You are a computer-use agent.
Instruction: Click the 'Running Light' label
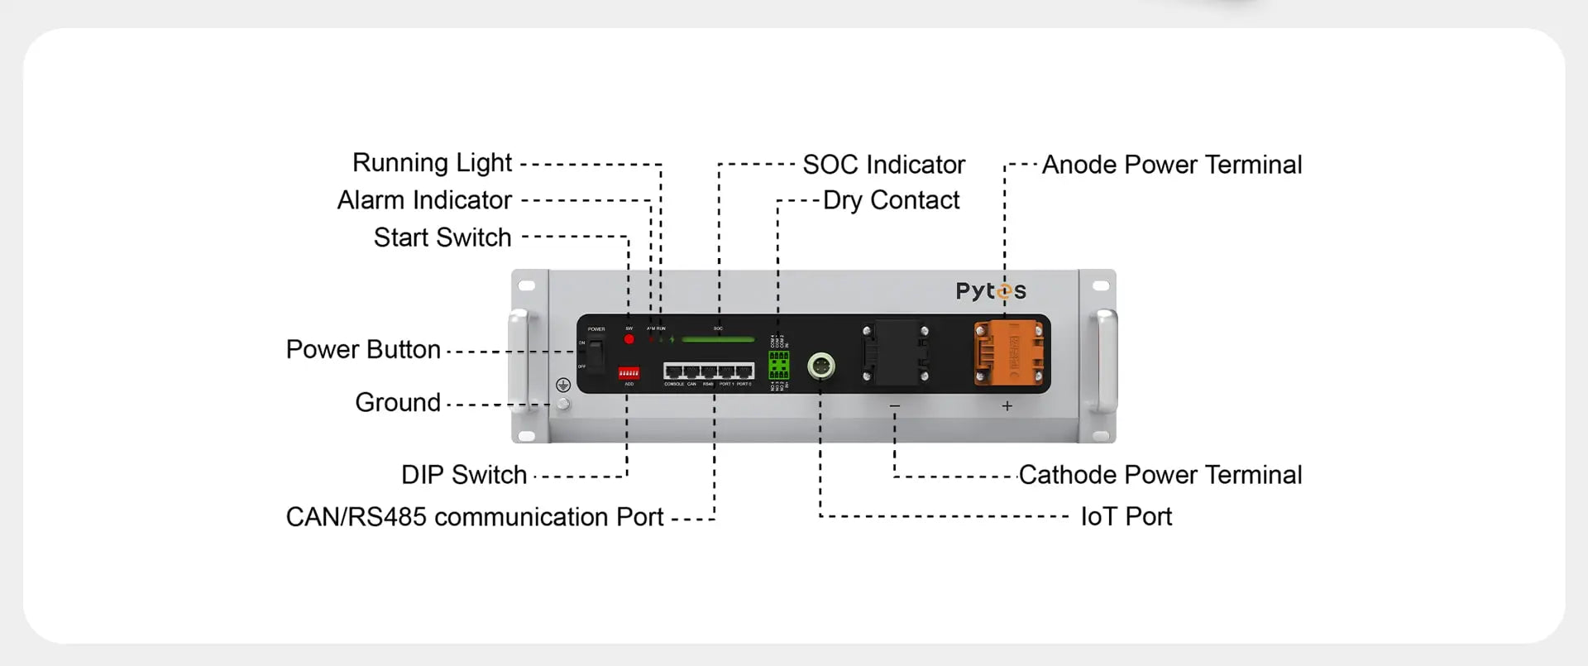[432, 163]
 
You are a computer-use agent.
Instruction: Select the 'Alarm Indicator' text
[424, 200]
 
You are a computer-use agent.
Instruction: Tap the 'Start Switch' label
[442, 237]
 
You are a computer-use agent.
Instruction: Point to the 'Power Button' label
[363, 350]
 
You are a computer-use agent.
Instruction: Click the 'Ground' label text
[398, 403]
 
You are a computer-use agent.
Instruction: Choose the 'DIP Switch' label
[464, 475]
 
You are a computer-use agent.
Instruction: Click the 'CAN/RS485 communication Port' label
[474, 517]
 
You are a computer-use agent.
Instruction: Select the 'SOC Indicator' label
[883, 165]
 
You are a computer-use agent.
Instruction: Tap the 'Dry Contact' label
[891, 200]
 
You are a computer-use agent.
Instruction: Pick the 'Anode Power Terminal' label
[1171, 165]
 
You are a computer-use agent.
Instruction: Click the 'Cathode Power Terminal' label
[1160, 475]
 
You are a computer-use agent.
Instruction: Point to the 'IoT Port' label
[1126, 517]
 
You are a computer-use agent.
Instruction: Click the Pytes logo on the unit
[991, 291]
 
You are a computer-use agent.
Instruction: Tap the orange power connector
[1009, 352]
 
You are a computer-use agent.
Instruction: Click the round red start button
[629, 339]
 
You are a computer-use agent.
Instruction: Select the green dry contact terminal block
[778, 365]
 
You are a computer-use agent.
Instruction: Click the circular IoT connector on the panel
[820, 365]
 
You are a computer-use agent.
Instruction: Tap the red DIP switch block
[629, 373]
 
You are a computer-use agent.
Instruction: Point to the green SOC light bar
[718, 339]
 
